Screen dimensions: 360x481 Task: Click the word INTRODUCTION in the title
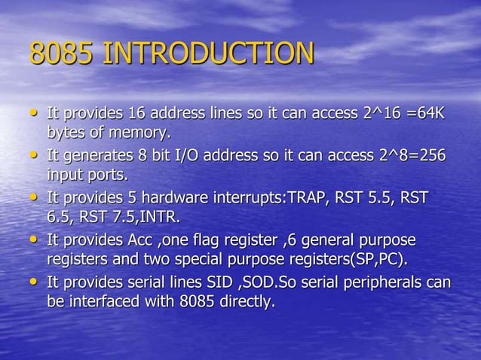tap(207, 54)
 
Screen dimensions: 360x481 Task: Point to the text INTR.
tap(164, 218)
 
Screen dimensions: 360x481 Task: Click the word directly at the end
tap(246, 304)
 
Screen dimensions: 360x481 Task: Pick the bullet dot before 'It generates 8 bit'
tap(33, 157)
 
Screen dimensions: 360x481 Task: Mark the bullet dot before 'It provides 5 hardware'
tap(33, 199)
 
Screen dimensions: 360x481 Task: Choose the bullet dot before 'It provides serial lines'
tap(33, 284)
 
